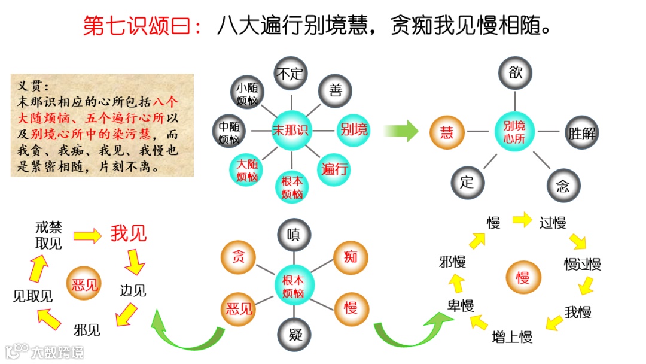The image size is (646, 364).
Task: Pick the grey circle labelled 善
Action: tap(335, 91)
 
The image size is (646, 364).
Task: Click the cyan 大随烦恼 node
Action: tap(246, 169)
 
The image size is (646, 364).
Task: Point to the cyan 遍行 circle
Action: tap(335, 169)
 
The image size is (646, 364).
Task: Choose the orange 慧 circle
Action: tap(447, 132)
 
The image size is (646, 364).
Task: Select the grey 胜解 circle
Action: tap(581, 132)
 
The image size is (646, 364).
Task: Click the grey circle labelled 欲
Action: tap(515, 74)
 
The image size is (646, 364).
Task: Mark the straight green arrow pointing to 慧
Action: tap(400, 131)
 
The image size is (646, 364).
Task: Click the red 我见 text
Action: tap(128, 234)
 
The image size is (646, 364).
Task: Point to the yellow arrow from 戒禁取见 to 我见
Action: tap(87, 235)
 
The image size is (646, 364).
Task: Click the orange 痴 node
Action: tap(351, 257)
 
